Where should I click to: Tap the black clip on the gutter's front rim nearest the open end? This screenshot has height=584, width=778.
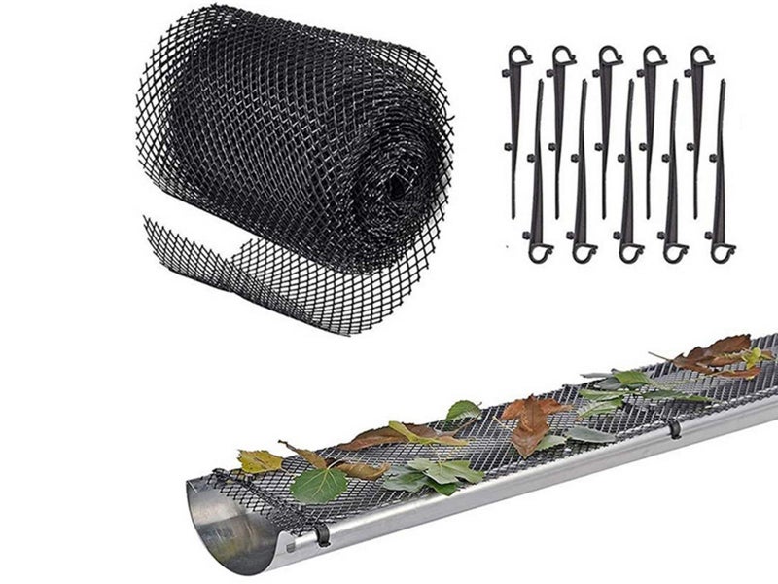319,534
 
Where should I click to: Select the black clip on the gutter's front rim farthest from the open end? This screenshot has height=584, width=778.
674,429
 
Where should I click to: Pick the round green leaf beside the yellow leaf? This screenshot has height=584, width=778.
319,485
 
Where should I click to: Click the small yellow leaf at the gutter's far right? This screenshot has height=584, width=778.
757,356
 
